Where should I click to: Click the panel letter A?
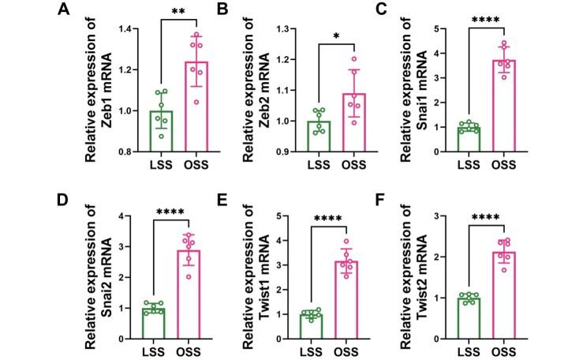(x=62, y=10)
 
